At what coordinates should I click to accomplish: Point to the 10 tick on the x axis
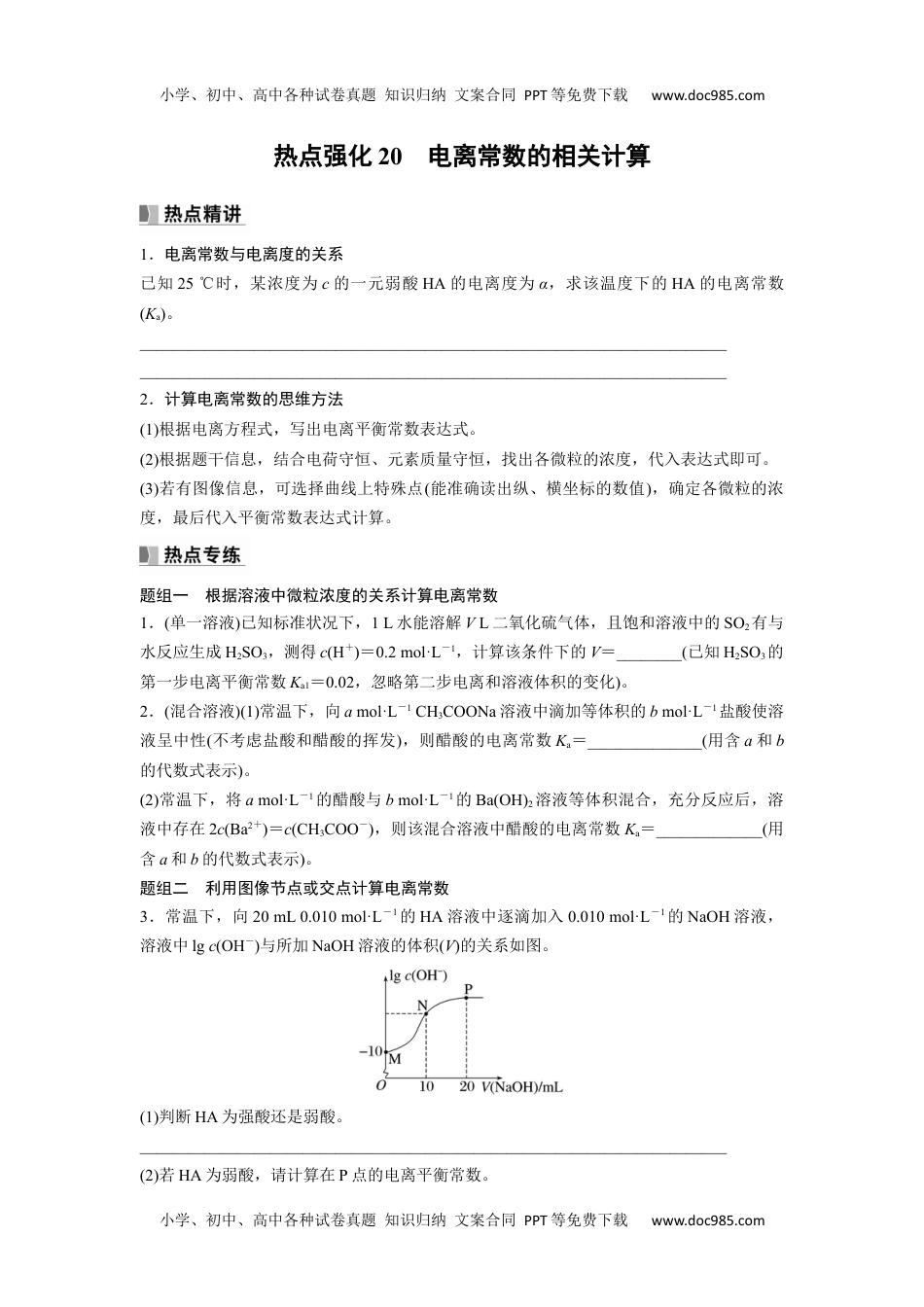click(425, 1086)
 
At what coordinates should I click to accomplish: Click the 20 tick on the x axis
click(467, 1086)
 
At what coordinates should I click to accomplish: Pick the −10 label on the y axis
click(370, 1051)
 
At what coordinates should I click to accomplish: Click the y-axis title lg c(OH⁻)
click(417, 975)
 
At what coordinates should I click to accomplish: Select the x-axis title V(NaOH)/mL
click(521, 1086)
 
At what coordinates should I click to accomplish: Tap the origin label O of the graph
click(381, 1086)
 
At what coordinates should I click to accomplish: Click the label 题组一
click(164, 595)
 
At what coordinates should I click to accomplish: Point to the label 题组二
click(164, 888)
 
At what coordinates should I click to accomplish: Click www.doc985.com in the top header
click(707, 95)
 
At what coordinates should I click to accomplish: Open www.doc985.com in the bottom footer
click(707, 1220)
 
